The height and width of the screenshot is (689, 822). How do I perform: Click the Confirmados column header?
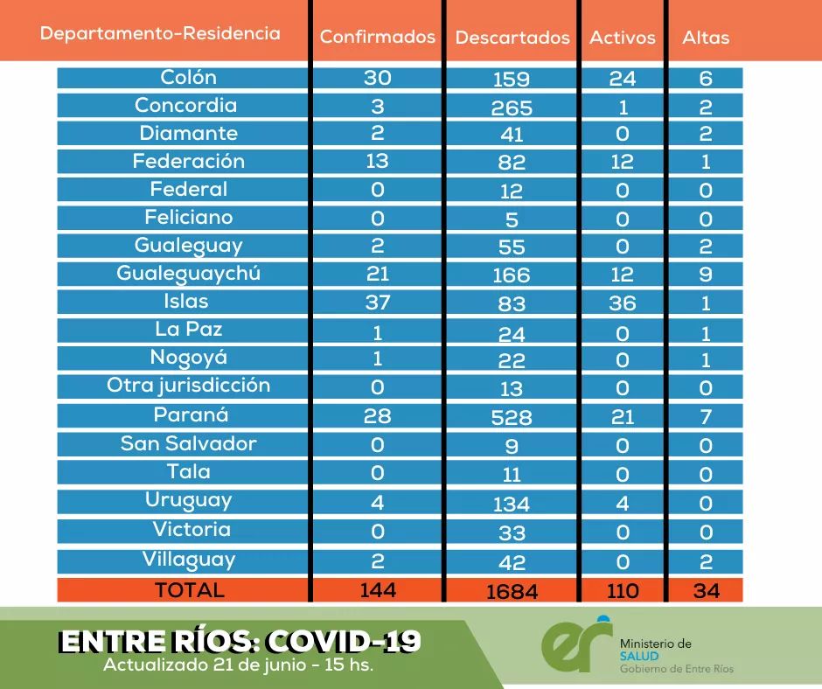(377, 37)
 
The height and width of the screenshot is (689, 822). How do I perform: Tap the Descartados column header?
(512, 38)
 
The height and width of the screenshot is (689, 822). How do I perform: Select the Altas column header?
(705, 38)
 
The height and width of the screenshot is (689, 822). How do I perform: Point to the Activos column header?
(622, 38)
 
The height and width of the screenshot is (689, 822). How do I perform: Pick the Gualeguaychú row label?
(189, 274)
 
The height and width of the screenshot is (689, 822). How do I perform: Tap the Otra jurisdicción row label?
(189, 386)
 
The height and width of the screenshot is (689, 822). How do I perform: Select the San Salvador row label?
(189, 442)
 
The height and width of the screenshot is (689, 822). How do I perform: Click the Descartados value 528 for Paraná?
(512, 416)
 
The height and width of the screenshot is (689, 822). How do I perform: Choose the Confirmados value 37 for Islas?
(378, 302)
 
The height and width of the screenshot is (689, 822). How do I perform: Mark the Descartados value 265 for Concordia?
(512, 108)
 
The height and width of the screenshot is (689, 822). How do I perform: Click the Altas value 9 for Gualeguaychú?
(706, 275)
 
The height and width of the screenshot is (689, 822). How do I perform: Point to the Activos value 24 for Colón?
(622, 78)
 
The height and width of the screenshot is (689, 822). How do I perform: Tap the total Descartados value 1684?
(512, 591)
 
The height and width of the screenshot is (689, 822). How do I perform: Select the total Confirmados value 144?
(378, 589)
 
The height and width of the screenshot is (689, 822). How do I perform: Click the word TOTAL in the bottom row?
(189, 589)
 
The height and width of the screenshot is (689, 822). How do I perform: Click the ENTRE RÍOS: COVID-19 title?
(239, 642)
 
